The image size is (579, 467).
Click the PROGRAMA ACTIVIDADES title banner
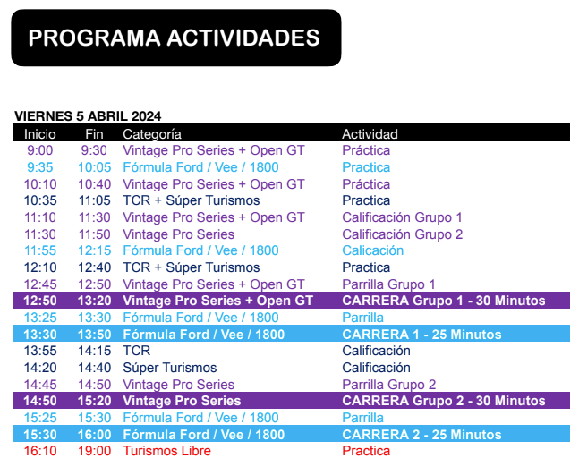click(176, 38)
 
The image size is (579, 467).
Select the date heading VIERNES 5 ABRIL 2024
click(88, 116)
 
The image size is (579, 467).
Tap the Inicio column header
click(40, 133)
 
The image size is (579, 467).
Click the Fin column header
click(94, 133)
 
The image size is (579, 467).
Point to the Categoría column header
click(152, 134)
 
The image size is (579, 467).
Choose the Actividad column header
click(370, 133)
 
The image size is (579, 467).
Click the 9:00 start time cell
click(40, 150)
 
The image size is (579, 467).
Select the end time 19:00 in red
click(95, 451)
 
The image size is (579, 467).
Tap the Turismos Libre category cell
click(167, 451)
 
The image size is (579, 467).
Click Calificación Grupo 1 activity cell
click(402, 217)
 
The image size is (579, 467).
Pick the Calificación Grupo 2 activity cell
click(403, 234)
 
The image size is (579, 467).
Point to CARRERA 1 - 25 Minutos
click(421, 335)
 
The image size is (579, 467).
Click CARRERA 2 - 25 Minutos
click(421, 435)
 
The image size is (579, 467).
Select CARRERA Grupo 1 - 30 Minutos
click(444, 301)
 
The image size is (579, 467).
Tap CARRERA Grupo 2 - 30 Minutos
click(444, 401)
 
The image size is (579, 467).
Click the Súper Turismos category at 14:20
click(170, 368)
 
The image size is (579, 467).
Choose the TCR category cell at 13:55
click(137, 351)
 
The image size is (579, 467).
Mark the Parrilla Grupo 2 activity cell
click(388, 385)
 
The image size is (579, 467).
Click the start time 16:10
click(40, 451)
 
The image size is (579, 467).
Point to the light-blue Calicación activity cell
click(372, 250)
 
